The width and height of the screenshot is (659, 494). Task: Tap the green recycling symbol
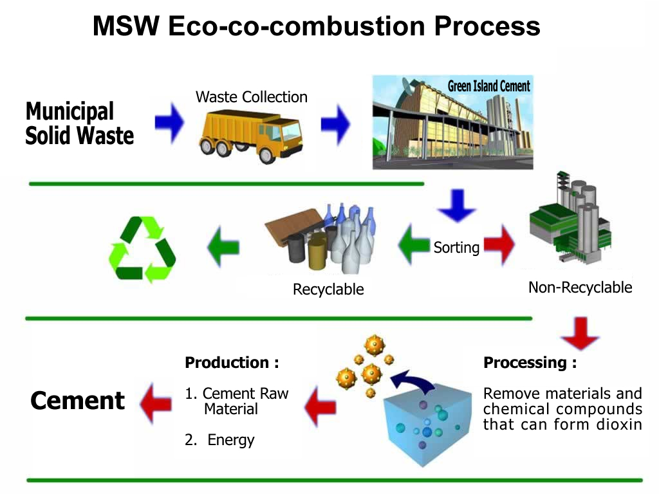142,249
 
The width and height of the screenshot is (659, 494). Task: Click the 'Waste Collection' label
252,97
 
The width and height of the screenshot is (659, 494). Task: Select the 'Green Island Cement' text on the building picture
488,86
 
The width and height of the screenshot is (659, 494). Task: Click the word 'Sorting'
456,248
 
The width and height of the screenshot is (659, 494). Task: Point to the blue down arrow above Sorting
457,205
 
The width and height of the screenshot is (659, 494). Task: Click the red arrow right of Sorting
499,245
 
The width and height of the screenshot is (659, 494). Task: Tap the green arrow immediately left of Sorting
414,244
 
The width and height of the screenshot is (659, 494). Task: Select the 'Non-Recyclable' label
580,288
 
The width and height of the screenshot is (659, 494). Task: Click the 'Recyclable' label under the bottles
328,289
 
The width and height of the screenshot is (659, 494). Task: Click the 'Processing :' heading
530,362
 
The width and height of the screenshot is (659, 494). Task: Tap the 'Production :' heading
232,362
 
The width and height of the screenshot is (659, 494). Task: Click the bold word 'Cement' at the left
77,400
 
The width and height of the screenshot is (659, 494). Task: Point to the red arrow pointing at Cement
156,404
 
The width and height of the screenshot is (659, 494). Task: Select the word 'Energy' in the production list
231,440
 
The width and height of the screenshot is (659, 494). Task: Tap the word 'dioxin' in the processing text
619,425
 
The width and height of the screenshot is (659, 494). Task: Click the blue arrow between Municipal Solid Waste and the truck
169,122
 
